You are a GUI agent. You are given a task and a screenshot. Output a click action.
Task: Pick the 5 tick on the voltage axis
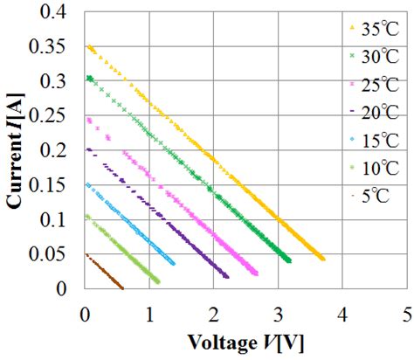click(x=407, y=311)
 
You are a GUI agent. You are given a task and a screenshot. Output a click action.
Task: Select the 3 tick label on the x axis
click(x=278, y=311)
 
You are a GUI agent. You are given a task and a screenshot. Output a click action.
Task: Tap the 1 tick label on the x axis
click(x=148, y=311)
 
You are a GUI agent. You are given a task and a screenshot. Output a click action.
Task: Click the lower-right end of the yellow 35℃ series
click(x=322, y=259)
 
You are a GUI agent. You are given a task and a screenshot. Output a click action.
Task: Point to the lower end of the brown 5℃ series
click(x=121, y=287)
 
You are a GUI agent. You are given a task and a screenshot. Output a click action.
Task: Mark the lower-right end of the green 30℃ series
click(x=288, y=260)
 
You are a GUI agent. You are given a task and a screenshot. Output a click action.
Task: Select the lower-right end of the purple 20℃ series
click(x=226, y=277)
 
